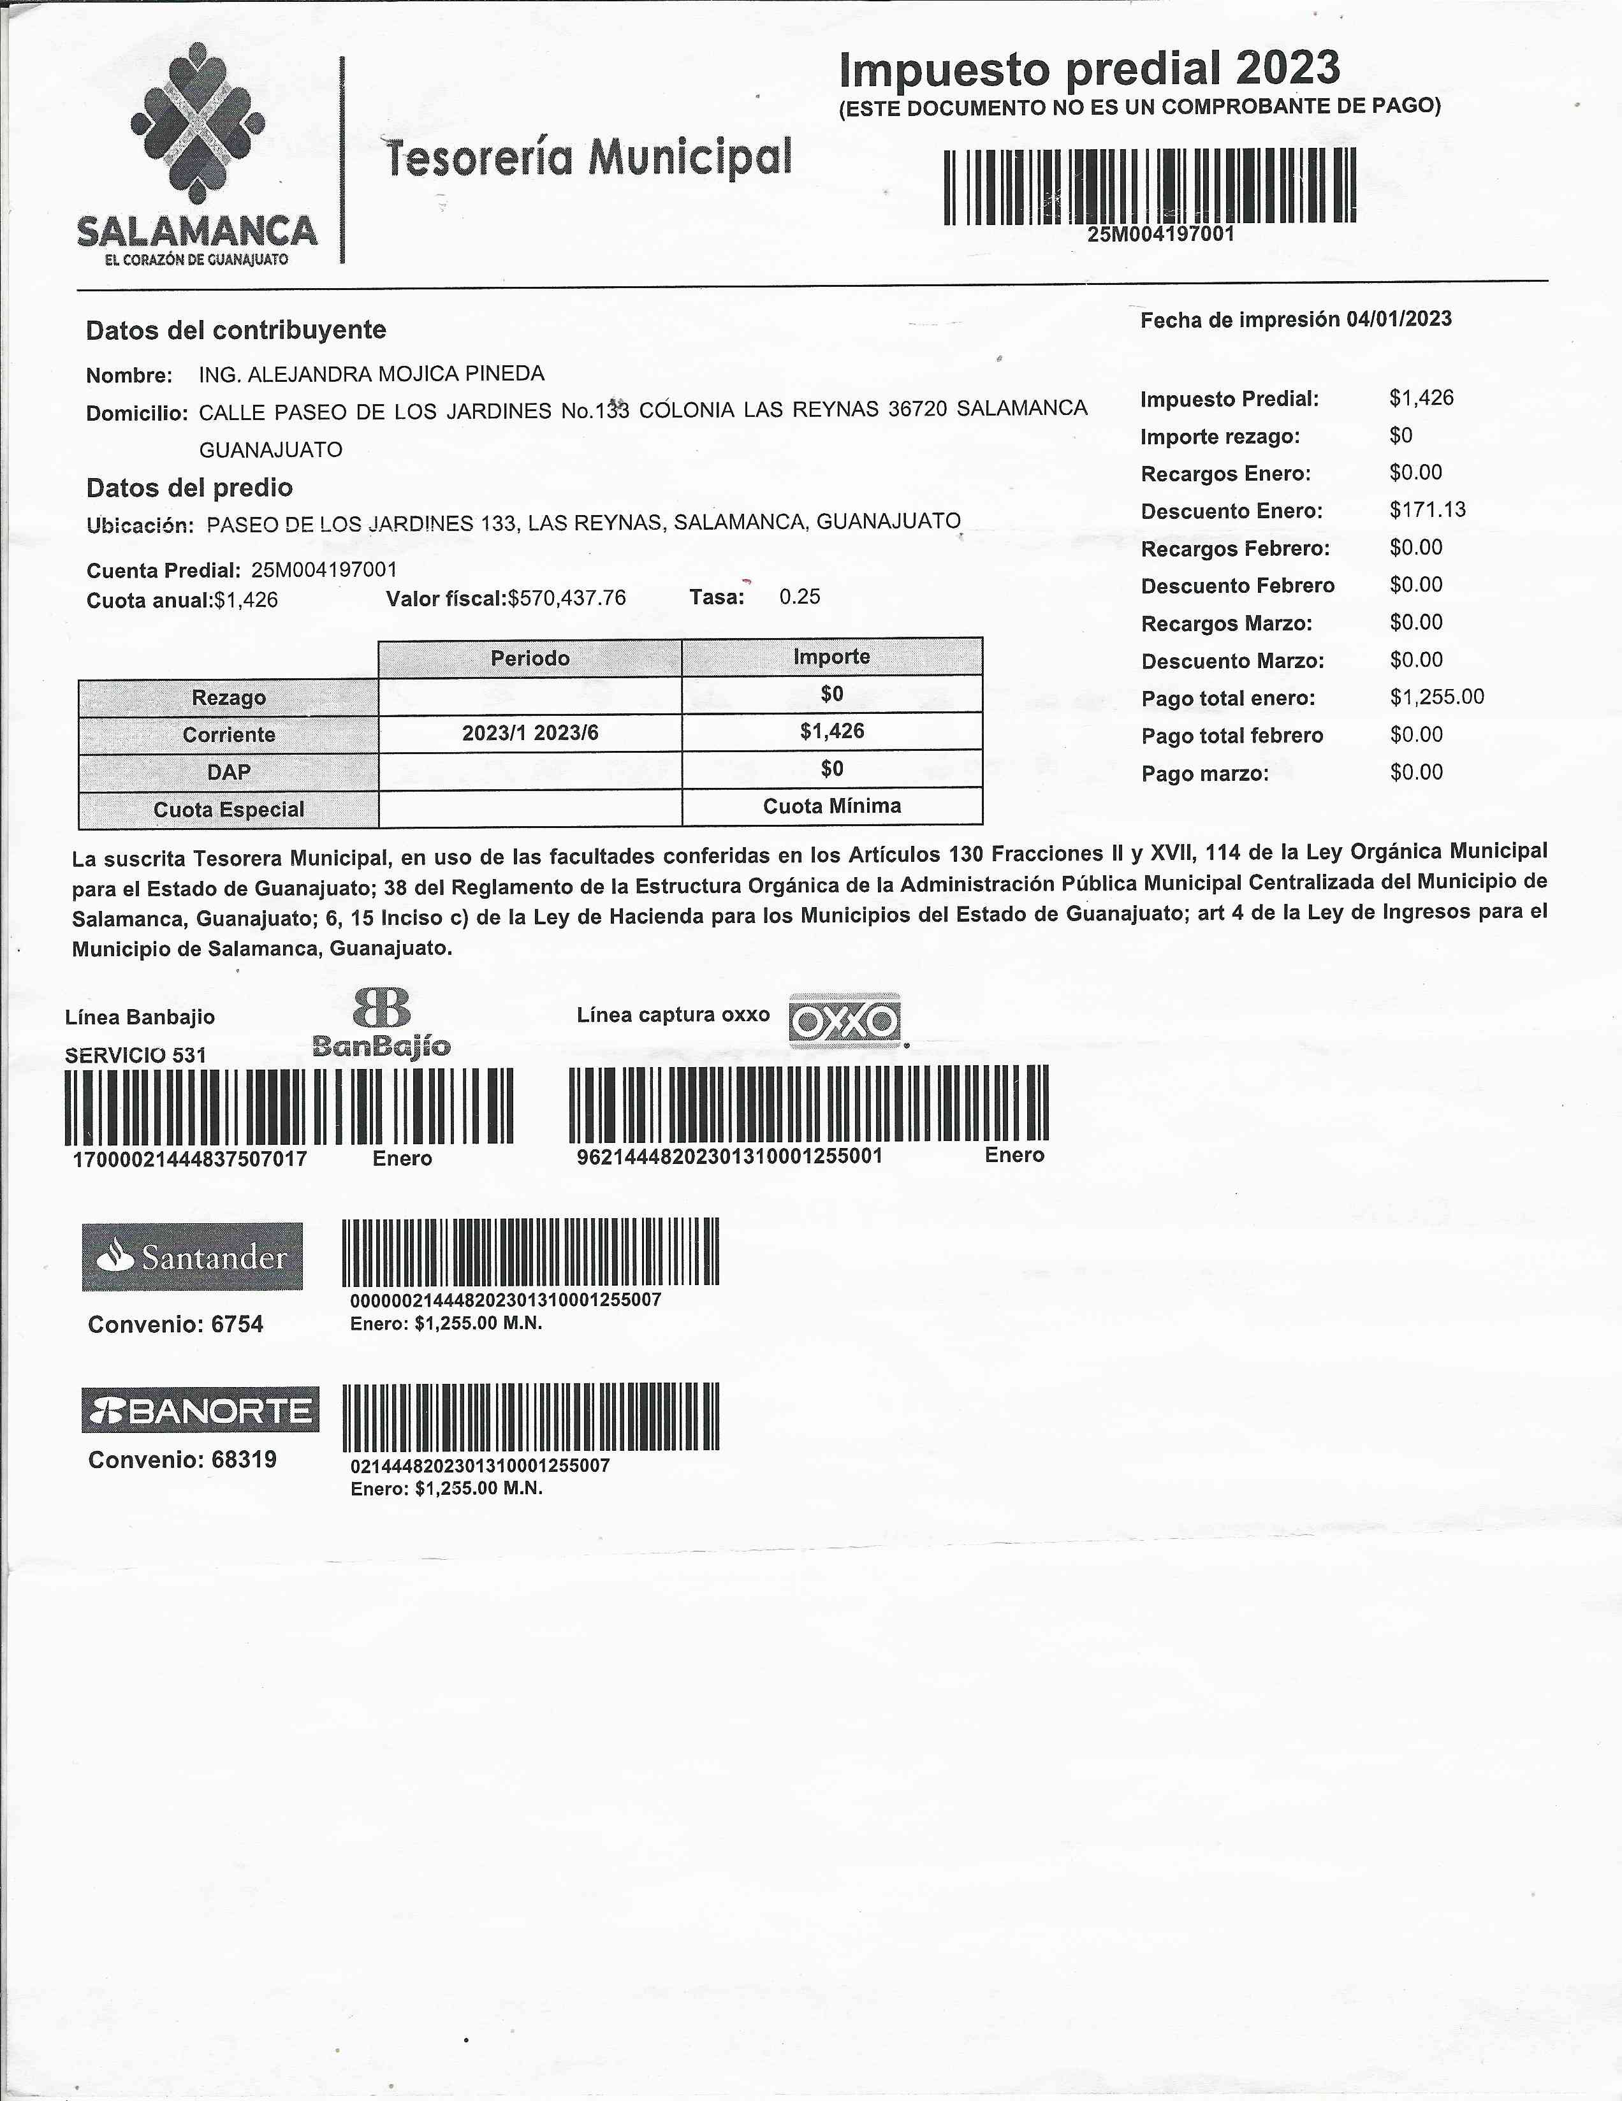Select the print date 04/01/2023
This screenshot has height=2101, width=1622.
coord(1399,319)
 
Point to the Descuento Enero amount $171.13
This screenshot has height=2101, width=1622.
coord(1427,510)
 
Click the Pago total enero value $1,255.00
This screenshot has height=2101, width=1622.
coord(1436,697)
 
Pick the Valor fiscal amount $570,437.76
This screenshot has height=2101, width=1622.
coord(567,599)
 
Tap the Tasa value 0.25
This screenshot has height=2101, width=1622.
coord(800,597)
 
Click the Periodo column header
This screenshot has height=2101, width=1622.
coord(530,658)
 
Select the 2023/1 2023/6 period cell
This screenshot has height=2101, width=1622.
coord(530,733)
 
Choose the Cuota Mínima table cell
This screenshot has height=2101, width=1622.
coord(832,806)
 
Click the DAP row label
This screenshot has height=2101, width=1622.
coord(228,773)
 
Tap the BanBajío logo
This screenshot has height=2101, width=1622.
coord(382,1024)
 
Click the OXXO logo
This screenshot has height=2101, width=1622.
coord(845,1021)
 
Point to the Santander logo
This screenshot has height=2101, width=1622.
coord(193,1256)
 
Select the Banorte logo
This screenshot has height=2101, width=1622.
coord(200,1410)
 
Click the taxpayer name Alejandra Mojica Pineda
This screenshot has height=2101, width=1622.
coord(371,374)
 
